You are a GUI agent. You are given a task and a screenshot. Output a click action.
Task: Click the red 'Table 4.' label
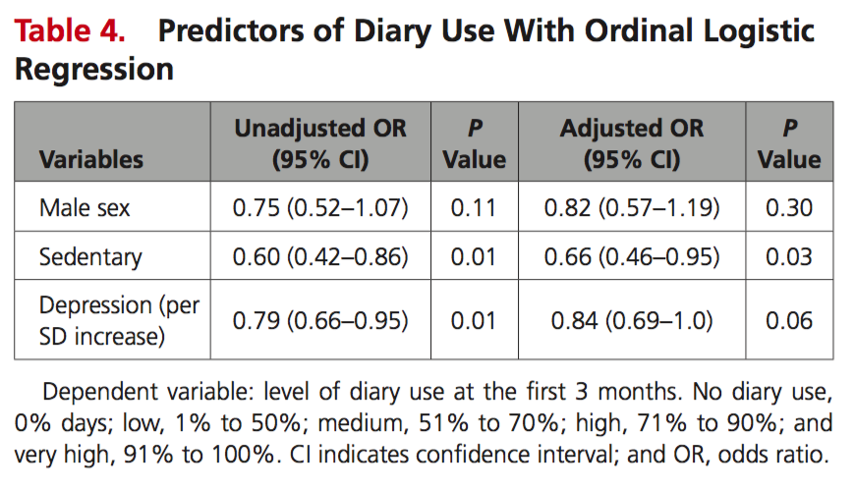(x=70, y=30)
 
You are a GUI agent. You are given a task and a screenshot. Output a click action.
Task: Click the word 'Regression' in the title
(x=94, y=70)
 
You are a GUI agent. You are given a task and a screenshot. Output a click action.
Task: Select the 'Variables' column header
(x=91, y=159)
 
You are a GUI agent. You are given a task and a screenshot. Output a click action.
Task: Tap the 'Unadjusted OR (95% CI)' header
(x=320, y=143)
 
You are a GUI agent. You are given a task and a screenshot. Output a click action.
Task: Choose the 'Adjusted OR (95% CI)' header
(x=632, y=143)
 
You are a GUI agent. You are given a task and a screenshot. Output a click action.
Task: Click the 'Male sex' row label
(x=85, y=207)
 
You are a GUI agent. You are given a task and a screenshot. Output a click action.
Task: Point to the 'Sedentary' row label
(x=90, y=257)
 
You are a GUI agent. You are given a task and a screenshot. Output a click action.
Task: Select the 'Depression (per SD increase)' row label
(x=119, y=321)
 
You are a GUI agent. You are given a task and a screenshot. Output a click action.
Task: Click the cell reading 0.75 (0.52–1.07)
(x=320, y=207)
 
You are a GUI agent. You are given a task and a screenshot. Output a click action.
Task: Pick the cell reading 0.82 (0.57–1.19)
(x=632, y=207)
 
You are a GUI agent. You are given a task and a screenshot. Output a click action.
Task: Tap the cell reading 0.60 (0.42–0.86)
(x=320, y=256)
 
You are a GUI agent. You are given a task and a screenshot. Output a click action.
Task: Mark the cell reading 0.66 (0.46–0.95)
(x=632, y=256)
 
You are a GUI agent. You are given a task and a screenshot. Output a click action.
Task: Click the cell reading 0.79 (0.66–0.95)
(x=320, y=320)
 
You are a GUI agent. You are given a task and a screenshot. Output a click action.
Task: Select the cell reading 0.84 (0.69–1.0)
(x=632, y=320)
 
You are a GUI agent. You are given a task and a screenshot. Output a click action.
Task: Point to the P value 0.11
(x=474, y=207)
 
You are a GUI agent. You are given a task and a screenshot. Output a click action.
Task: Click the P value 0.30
(x=789, y=207)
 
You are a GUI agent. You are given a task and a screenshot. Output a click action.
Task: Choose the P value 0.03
(x=789, y=256)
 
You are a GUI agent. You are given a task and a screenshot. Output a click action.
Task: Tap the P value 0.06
(x=789, y=320)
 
